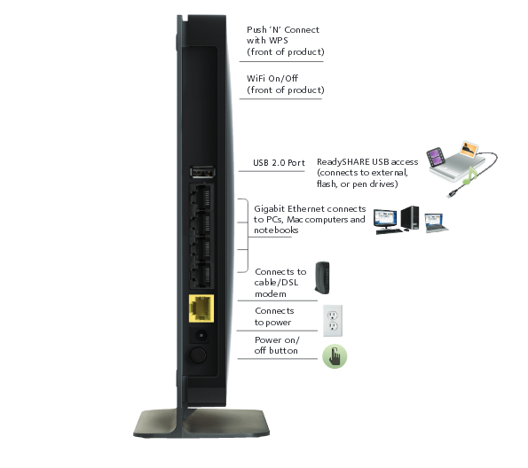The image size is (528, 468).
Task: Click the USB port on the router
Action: click(202, 172)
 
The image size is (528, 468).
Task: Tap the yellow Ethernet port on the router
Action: click(201, 308)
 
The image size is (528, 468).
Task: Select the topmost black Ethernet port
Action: click(201, 197)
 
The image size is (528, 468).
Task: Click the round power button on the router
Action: click(198, 355)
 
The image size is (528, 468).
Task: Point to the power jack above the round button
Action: click(201, 335)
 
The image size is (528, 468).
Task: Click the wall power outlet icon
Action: click(333, 321)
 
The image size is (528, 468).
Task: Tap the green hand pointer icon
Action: click(335, 356)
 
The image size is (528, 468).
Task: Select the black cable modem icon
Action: click(322, 277)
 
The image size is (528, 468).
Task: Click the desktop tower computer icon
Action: click(410, 218)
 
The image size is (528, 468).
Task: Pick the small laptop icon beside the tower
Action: click(436, 222)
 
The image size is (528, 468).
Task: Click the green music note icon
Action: click(470, 176)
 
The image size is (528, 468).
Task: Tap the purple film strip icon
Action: click(436, 157)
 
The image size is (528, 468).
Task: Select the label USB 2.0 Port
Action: click(279, 163)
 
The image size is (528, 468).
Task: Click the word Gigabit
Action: click(269, 209)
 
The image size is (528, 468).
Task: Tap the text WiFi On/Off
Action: click(272, 78)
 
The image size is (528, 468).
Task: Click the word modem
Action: click(271, 294)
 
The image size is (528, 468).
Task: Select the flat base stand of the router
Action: click(201, 424)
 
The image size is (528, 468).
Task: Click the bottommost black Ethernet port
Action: click(201, 275)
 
